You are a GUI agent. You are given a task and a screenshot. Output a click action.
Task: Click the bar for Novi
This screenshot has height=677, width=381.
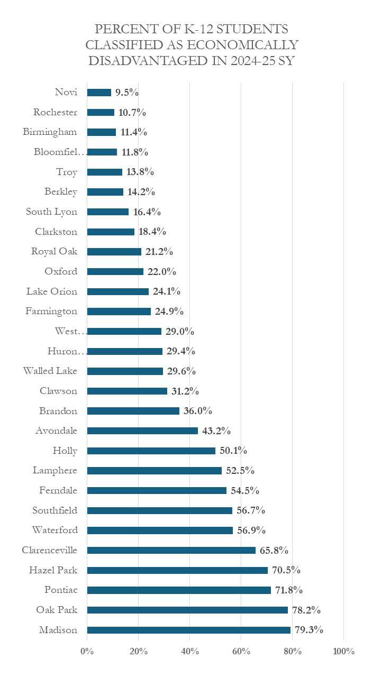coord(99,93)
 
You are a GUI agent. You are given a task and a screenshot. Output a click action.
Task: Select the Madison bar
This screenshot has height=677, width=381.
coord(188,630)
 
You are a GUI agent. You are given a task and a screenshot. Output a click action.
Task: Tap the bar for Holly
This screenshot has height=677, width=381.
coord(151,451)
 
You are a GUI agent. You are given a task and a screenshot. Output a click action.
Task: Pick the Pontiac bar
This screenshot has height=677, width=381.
coord(179,590)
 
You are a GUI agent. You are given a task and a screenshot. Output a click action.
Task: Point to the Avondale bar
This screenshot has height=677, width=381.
coord(142,431)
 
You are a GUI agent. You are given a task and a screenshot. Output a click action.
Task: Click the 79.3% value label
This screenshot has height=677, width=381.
coord(309,630)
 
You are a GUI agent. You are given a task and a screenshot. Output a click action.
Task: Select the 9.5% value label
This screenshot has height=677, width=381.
coord(127,93)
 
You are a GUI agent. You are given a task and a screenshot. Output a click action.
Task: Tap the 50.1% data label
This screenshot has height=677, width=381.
coord(233,451)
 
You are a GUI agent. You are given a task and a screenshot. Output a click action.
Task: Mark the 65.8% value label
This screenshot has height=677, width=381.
coord(274,550)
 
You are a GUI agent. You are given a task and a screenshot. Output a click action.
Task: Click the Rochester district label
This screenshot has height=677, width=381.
coord(55,112)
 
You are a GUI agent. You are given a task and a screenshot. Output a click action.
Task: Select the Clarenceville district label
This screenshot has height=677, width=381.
coord(49,550)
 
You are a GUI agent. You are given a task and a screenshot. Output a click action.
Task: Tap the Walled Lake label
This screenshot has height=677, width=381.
coord(50,371)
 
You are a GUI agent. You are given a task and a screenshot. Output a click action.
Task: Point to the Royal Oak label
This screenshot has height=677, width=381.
coord(54,251)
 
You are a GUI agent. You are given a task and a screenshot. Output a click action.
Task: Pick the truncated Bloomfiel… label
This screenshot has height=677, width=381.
coord(59,152)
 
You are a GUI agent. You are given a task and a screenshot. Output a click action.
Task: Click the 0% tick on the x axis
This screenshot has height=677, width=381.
coord(87,651)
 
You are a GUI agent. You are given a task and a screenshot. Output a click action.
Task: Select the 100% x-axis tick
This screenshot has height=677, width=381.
coord(343,651)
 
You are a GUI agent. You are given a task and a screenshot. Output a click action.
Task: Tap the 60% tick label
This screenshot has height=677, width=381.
coord(241,651)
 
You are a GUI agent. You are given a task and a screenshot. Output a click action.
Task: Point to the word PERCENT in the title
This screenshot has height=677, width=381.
coord(122,29)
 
